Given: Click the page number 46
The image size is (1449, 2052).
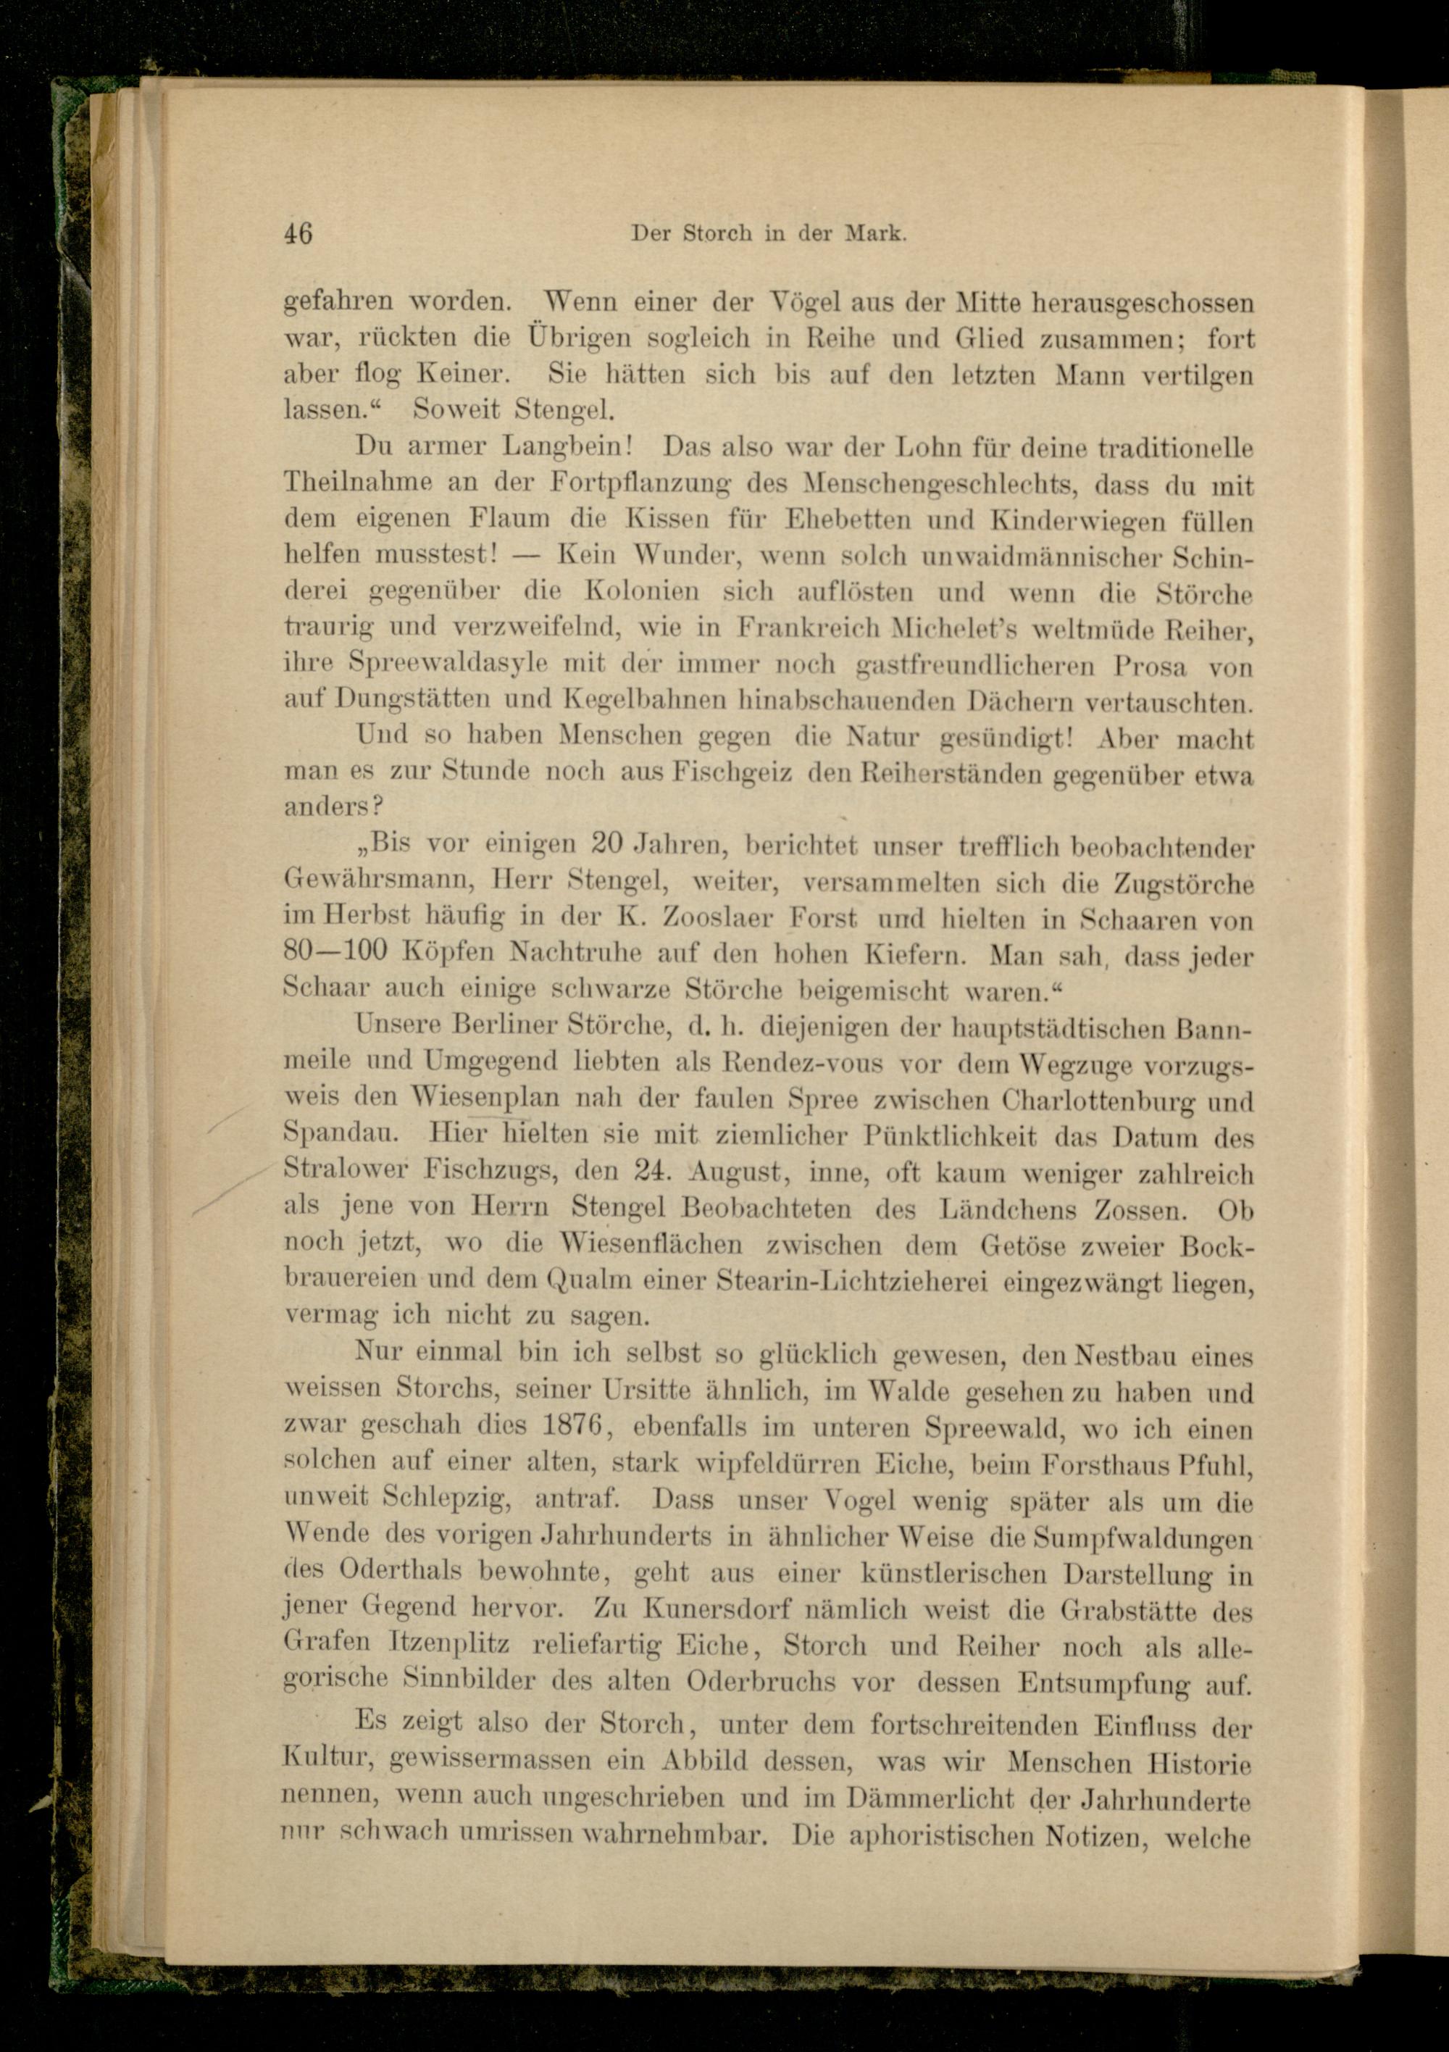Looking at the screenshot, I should tap(298, 233).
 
